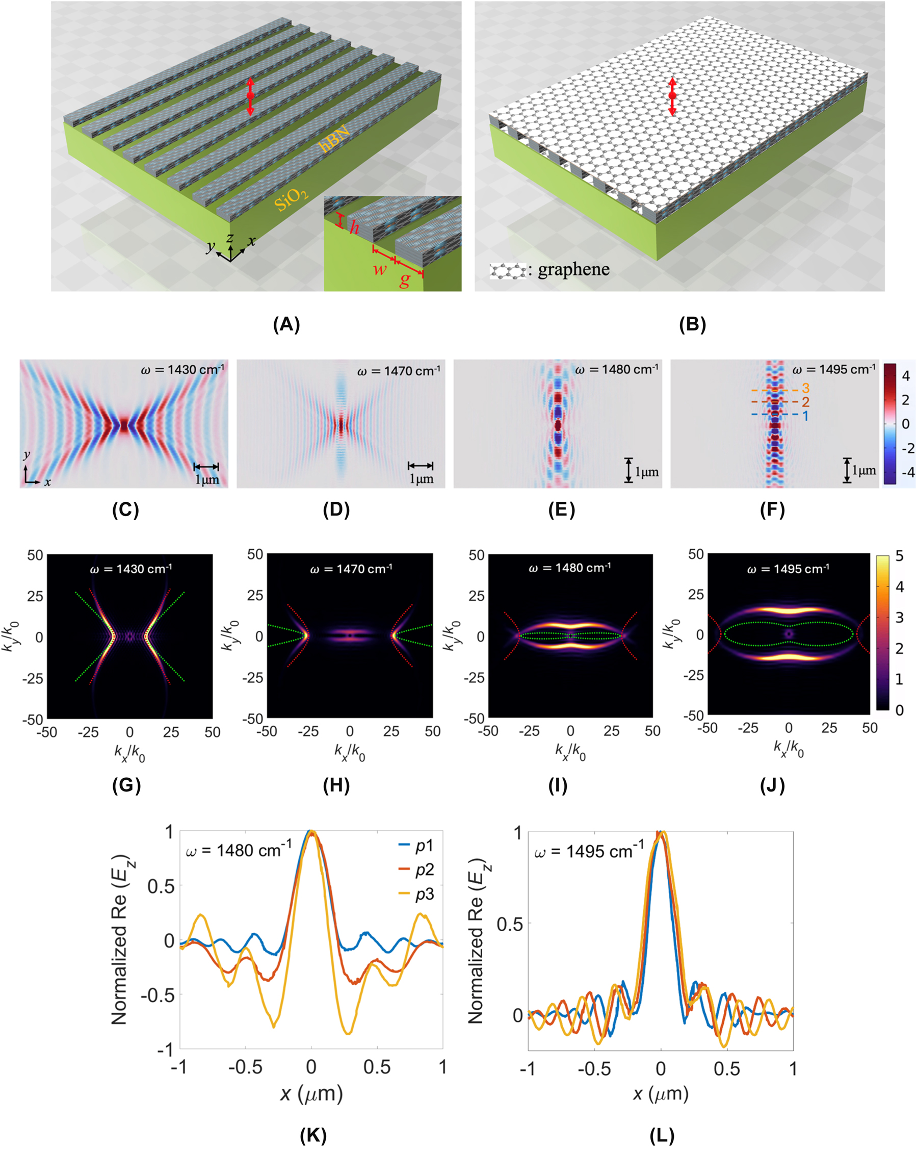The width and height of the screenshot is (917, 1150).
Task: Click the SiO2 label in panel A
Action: (291, 199)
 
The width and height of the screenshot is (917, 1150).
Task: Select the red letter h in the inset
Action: (354, 228)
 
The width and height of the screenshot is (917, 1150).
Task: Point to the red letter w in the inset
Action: (380, 269)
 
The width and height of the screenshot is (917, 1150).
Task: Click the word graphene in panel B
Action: (573, 269)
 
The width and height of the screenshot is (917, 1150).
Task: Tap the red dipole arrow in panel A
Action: (251, 96)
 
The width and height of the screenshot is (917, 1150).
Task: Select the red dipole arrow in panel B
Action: (672, 96)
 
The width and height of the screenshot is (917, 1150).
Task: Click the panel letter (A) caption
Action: (286, 324)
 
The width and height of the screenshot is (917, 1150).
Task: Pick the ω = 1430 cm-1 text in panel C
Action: (182, 370)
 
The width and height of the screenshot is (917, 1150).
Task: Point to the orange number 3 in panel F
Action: (805, 389)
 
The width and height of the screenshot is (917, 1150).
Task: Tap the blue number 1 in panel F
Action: (805, 416)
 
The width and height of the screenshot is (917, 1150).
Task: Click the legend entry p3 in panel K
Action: (425, 895)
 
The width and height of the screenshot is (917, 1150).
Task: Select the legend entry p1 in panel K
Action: (425, 846)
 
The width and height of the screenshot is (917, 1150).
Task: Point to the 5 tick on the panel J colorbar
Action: (899, 556)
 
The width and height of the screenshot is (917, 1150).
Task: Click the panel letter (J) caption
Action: (772, 786)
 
